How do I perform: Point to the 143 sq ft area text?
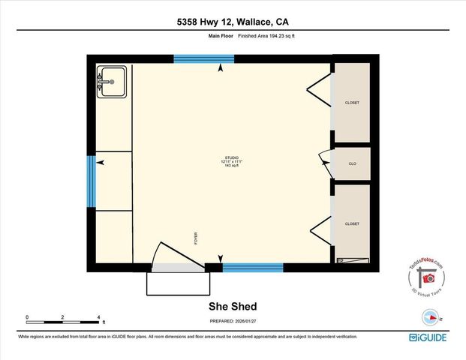pos(231,166)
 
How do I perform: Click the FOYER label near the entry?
pos(196,238)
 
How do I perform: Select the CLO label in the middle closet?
pos(352,163)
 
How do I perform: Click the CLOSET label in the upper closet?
pos(352,103)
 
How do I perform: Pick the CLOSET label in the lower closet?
pos(352,224)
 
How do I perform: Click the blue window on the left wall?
pos(91,181)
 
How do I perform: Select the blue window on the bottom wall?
pos(252,267)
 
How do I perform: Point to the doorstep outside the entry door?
pos(177,283)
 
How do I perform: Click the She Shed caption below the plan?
pos(232,306)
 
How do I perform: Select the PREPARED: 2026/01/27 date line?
pos(232,322)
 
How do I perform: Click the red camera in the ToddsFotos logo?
pos(429,278)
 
